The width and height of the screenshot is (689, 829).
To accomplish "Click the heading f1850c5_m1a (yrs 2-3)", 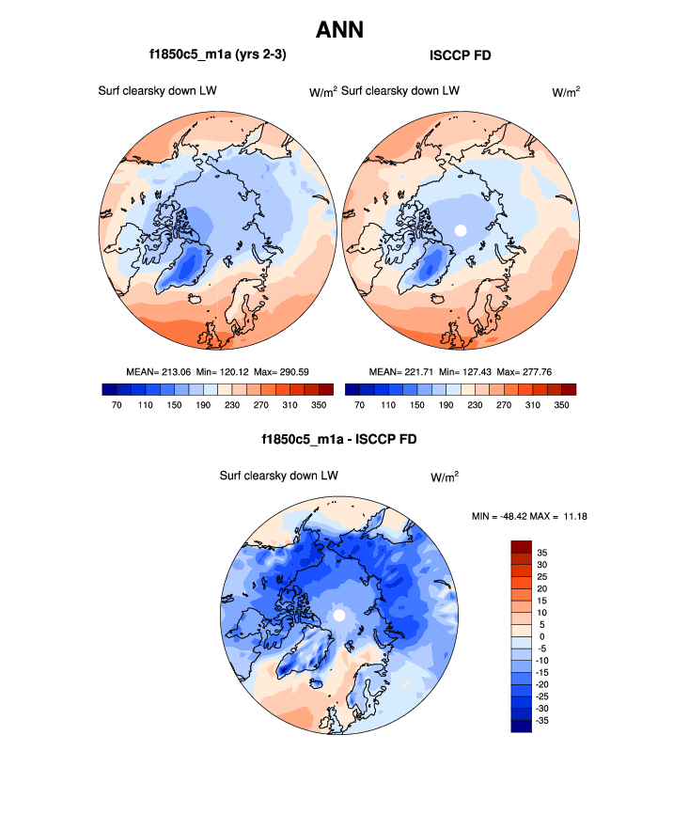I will (217, 55).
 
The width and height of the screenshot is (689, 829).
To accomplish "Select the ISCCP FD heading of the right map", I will (461, 55).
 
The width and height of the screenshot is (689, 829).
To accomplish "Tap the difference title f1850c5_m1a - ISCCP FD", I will (339, 439).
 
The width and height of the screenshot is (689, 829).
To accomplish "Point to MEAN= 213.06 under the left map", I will (159, 372).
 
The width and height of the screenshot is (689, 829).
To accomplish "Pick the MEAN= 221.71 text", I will (399, 372).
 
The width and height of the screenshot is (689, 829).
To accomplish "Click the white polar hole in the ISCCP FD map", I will (460, 229).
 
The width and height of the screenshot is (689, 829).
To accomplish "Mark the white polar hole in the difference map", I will (339, 616).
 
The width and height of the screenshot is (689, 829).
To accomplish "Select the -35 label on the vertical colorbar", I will (543, 720).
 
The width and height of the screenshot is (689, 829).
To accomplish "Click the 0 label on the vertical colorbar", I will (541, 636).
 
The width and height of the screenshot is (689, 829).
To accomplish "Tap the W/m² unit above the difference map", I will (445, 477).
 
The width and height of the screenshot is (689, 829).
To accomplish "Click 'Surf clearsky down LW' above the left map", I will (151, 91).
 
